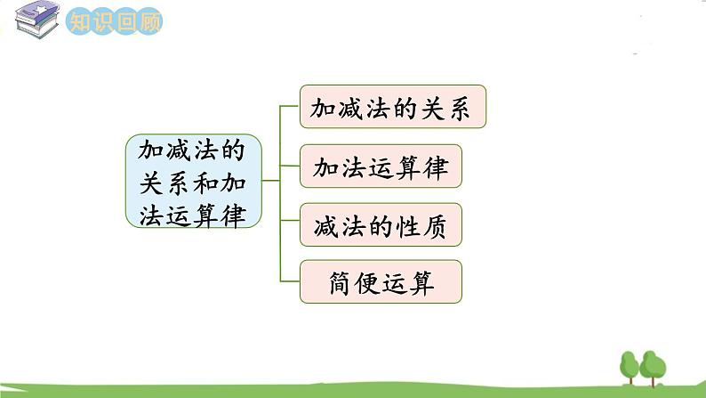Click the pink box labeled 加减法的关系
click(x=394, y=108)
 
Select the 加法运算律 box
click(x=381, y=167)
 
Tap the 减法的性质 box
click(x=381, y=225)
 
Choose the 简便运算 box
click(x=381, y=282)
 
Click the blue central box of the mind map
click(x=194, y=182)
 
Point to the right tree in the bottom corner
click(x=654, y=366)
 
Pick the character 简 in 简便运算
click(x=330, y=283)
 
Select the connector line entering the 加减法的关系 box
click(x=290, y=106)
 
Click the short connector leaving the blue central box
click(x=271, y=181)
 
